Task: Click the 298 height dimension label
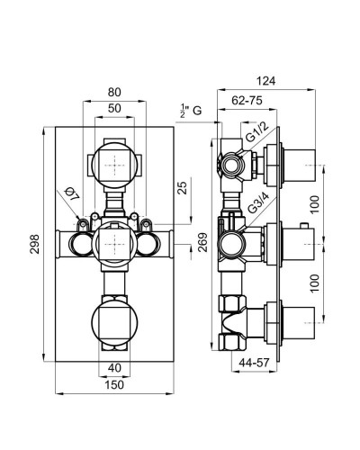point(36,244)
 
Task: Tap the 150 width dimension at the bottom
point(114,384)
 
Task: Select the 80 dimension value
point(114,93)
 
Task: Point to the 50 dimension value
point(114,108)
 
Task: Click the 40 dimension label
point(114,368)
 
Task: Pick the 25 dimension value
point(183,187)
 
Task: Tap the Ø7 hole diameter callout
point(71,193)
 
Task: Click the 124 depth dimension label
point(265,81)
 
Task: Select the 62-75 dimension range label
point(247,101)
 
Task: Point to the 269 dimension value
point(203,242)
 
